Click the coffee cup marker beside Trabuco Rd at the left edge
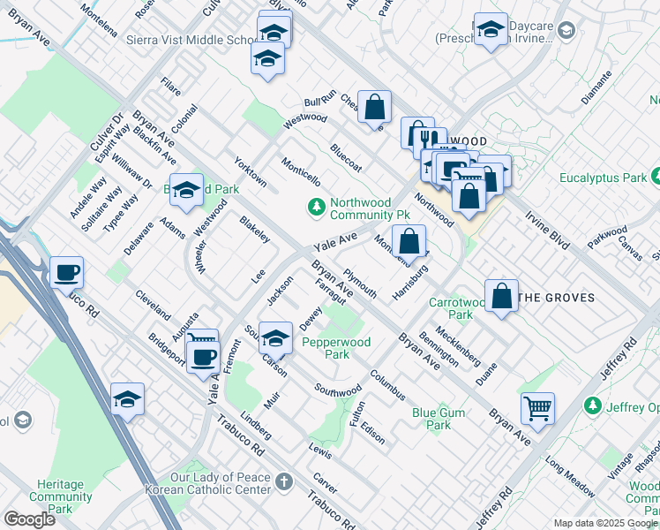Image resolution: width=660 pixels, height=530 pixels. (66, 272)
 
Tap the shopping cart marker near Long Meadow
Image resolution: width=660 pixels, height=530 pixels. (537, 409)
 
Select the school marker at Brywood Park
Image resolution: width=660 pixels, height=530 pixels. (186, 190)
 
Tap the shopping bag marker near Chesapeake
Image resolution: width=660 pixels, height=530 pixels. (374, 108)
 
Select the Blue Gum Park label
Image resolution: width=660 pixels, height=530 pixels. (431, 418)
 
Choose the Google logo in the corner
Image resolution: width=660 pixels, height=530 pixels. (29, 519)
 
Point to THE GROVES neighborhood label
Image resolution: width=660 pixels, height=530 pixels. (555, 298)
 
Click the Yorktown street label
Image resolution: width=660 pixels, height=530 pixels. (250, 171)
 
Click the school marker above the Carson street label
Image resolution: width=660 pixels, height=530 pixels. (275, 339)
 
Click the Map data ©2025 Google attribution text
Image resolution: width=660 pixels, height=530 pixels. (604, 523)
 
